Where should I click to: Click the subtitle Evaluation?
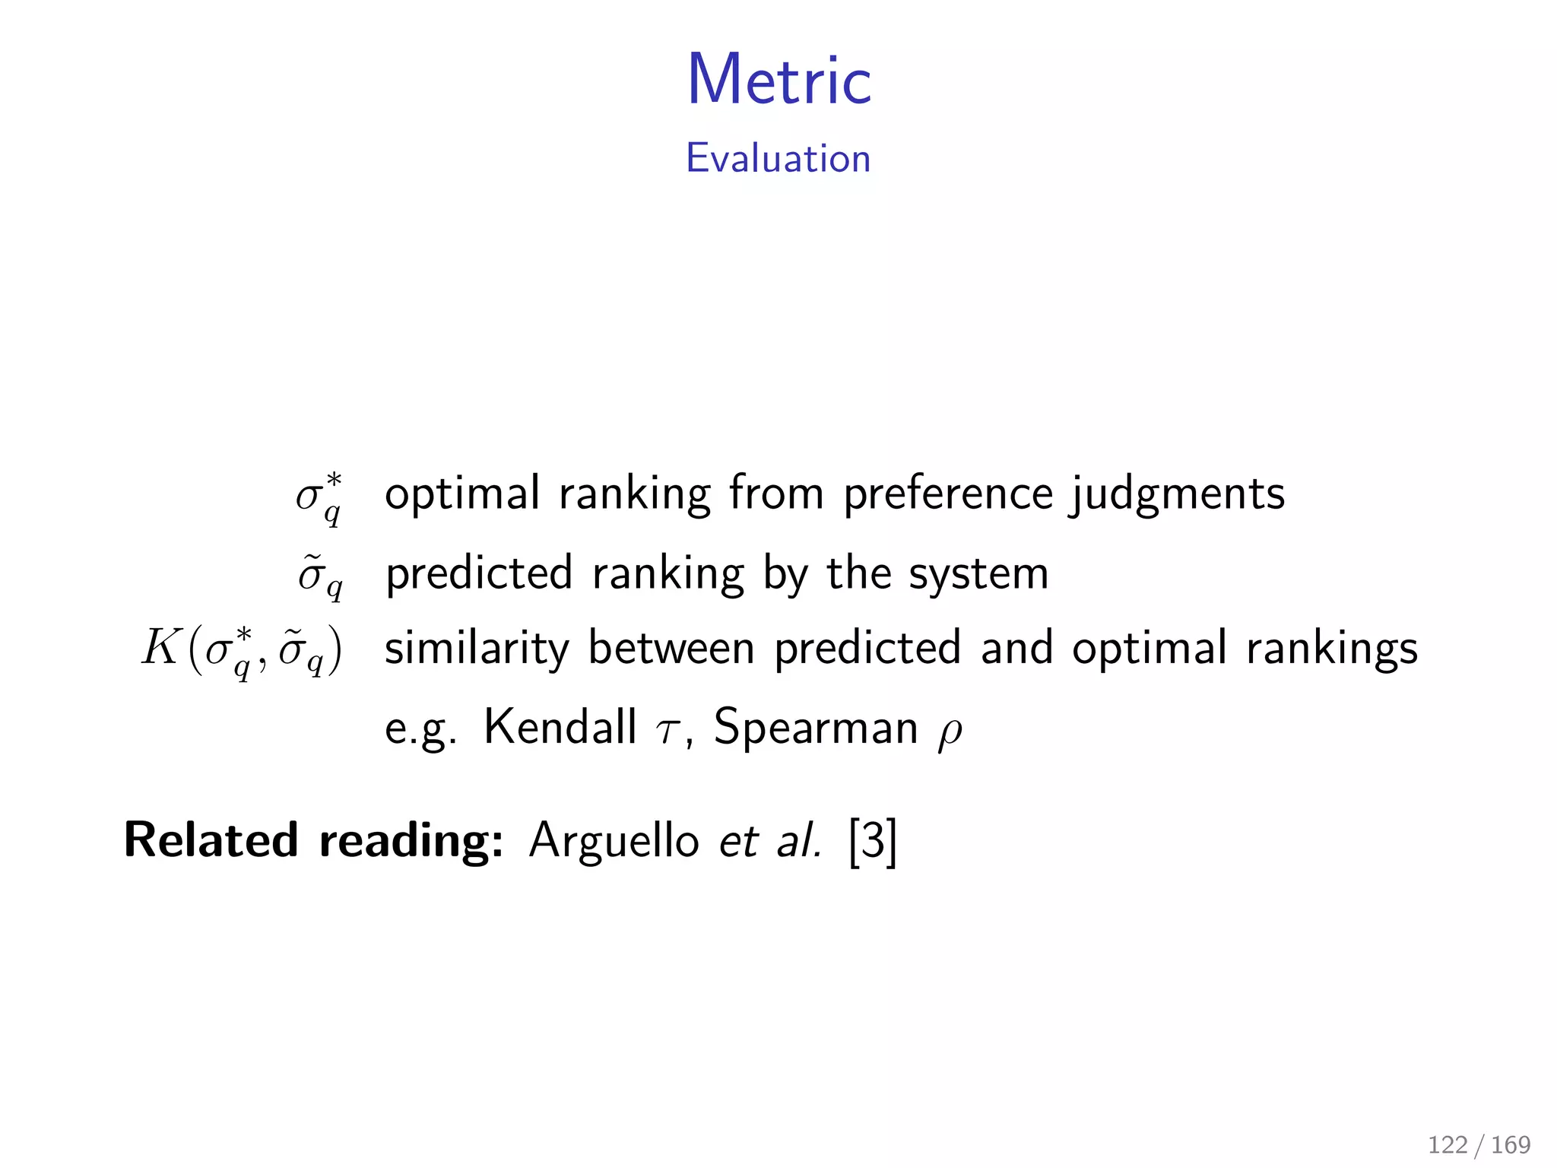[778, 158]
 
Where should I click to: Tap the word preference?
[948, 494]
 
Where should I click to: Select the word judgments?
[1177, 494]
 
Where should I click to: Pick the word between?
[671, 648]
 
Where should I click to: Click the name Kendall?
[560, 727]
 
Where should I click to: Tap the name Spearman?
[816, 728]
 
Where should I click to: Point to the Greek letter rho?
[950, 732]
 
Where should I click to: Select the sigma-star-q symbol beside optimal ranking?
[319, 498]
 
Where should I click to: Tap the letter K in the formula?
[160, 648]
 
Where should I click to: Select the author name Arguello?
[614, 841]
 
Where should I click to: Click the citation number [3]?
[873, 841]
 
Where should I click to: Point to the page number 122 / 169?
[1479, 1144]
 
